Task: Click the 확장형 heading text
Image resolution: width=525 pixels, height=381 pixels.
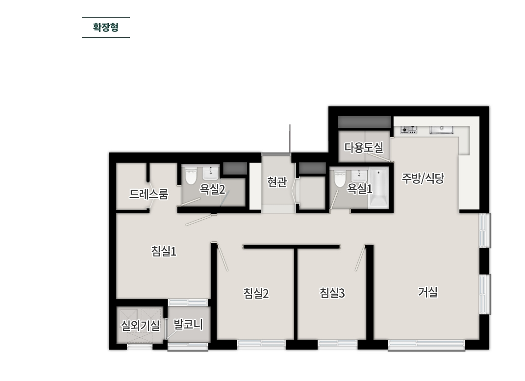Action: click(x=106, y=27)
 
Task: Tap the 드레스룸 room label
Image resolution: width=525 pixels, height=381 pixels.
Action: click(x=149, y=194)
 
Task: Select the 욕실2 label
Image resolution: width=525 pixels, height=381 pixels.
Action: click(x=212, y=189)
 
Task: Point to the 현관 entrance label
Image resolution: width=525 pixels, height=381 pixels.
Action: click(x=277, y=182)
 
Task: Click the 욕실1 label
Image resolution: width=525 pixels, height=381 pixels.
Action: click(x=360, y=188)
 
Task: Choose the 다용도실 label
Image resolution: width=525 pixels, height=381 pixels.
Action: click(x=364, y=147)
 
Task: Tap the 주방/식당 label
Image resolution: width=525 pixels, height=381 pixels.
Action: click(x=423, y=178)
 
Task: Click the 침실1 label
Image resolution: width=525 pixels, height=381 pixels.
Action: click(x=164, y=252)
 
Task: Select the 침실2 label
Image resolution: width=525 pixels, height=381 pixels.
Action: click(x=256, y=293)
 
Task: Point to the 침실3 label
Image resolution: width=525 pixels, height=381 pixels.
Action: click(x=332, y=293)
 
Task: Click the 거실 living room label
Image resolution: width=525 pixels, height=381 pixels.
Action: click(x=427, y=292)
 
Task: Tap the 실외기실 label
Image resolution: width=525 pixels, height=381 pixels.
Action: click(x=140, y=325)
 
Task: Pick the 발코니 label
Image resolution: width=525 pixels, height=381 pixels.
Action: click(x=188, y=324)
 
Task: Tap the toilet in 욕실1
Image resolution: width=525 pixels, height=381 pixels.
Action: click(x=339, y=178)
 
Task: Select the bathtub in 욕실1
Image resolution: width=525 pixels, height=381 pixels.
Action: click(x=378, y=189)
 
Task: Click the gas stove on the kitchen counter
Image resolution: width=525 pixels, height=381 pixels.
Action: click(x=409, y=129)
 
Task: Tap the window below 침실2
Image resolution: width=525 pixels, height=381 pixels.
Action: click(x=261, y=344)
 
